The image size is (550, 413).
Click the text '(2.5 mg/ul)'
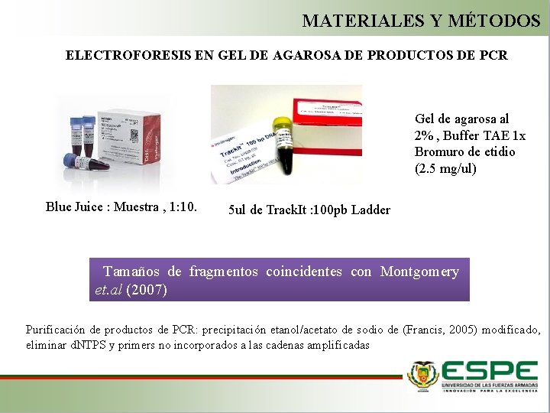click(x=445, y=168)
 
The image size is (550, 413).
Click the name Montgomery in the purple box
click(x=419, y=272)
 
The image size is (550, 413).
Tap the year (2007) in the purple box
click(x=147, y=291)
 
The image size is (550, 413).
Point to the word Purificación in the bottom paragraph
click(x=56, y=330)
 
